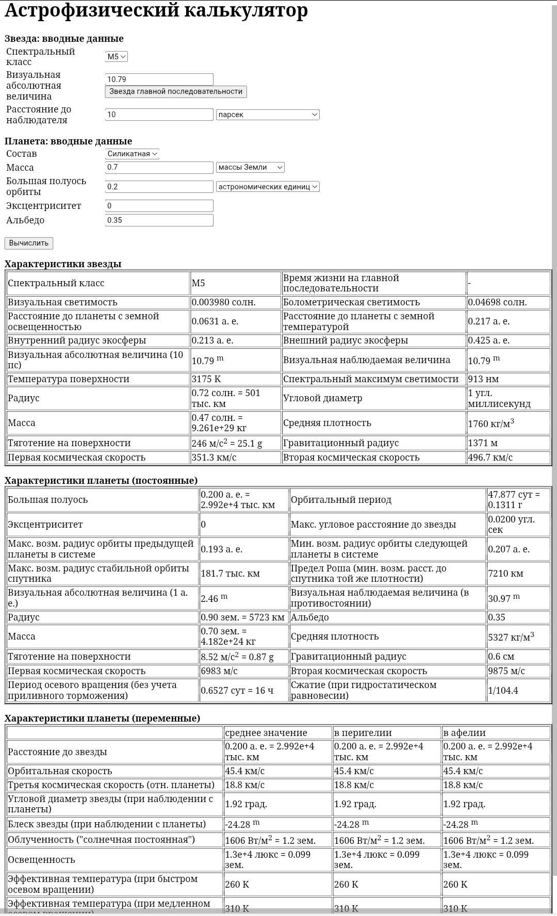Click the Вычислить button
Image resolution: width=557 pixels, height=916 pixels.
tap(29, 243)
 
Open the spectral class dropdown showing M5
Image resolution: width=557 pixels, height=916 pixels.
tap(116, 57)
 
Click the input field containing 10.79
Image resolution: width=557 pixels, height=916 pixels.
tap(159, 79)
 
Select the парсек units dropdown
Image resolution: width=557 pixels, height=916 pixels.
tap(268, 114)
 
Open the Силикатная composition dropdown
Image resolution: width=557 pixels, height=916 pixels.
tap(132, 154)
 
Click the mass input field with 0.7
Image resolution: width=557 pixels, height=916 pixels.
tap(159, 168)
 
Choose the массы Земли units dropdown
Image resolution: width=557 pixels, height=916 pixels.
tap(250, 168)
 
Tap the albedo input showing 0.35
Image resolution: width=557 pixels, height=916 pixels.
tap(159, 220)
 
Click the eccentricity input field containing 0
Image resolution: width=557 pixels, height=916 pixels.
tap(159, 206)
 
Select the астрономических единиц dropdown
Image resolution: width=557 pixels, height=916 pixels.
tap(268, 187)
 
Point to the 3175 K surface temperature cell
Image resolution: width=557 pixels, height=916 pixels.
tap(235, 379)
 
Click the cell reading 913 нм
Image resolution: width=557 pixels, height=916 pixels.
tap(508, 379)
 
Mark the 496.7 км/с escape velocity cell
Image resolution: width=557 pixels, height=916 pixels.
tap(508, 457)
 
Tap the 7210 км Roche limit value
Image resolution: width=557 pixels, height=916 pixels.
tap(518, 574)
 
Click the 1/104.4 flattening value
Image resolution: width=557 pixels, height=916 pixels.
tap(518, 691)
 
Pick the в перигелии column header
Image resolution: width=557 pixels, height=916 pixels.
tap(386, 733)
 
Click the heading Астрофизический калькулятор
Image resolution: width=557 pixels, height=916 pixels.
tap(156, 10)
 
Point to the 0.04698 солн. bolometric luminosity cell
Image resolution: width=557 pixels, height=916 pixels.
tap(508, 302)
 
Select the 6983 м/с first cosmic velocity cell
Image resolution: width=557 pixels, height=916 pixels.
tap(243, 671)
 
